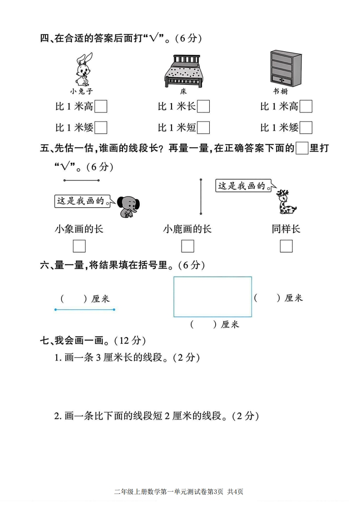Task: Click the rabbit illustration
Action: click(x=84, y=69)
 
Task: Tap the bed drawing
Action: click(x=186, y=71)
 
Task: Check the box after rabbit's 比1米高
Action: click(x=101, y=107)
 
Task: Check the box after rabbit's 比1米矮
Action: click(x=101, y=127)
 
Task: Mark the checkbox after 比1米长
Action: click(x=203, y=107)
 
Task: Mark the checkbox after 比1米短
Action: click(x=203, y=127)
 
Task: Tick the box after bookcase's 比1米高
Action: click(x=306, y=107)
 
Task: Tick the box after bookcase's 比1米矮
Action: click(x=306, y=127)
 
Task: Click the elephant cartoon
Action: click(x=128, y=206)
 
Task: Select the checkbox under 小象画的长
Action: click(x=79, y=246)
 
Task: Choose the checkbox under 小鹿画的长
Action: click(x=187, y=246)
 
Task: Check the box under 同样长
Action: click(x=286, y=246)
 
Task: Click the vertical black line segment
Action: click(x=201, y=196)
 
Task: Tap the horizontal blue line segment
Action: click(x=85, y=310)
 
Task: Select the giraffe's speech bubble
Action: click(x=244, y=186)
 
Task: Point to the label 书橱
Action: click(x=281, y=92)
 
